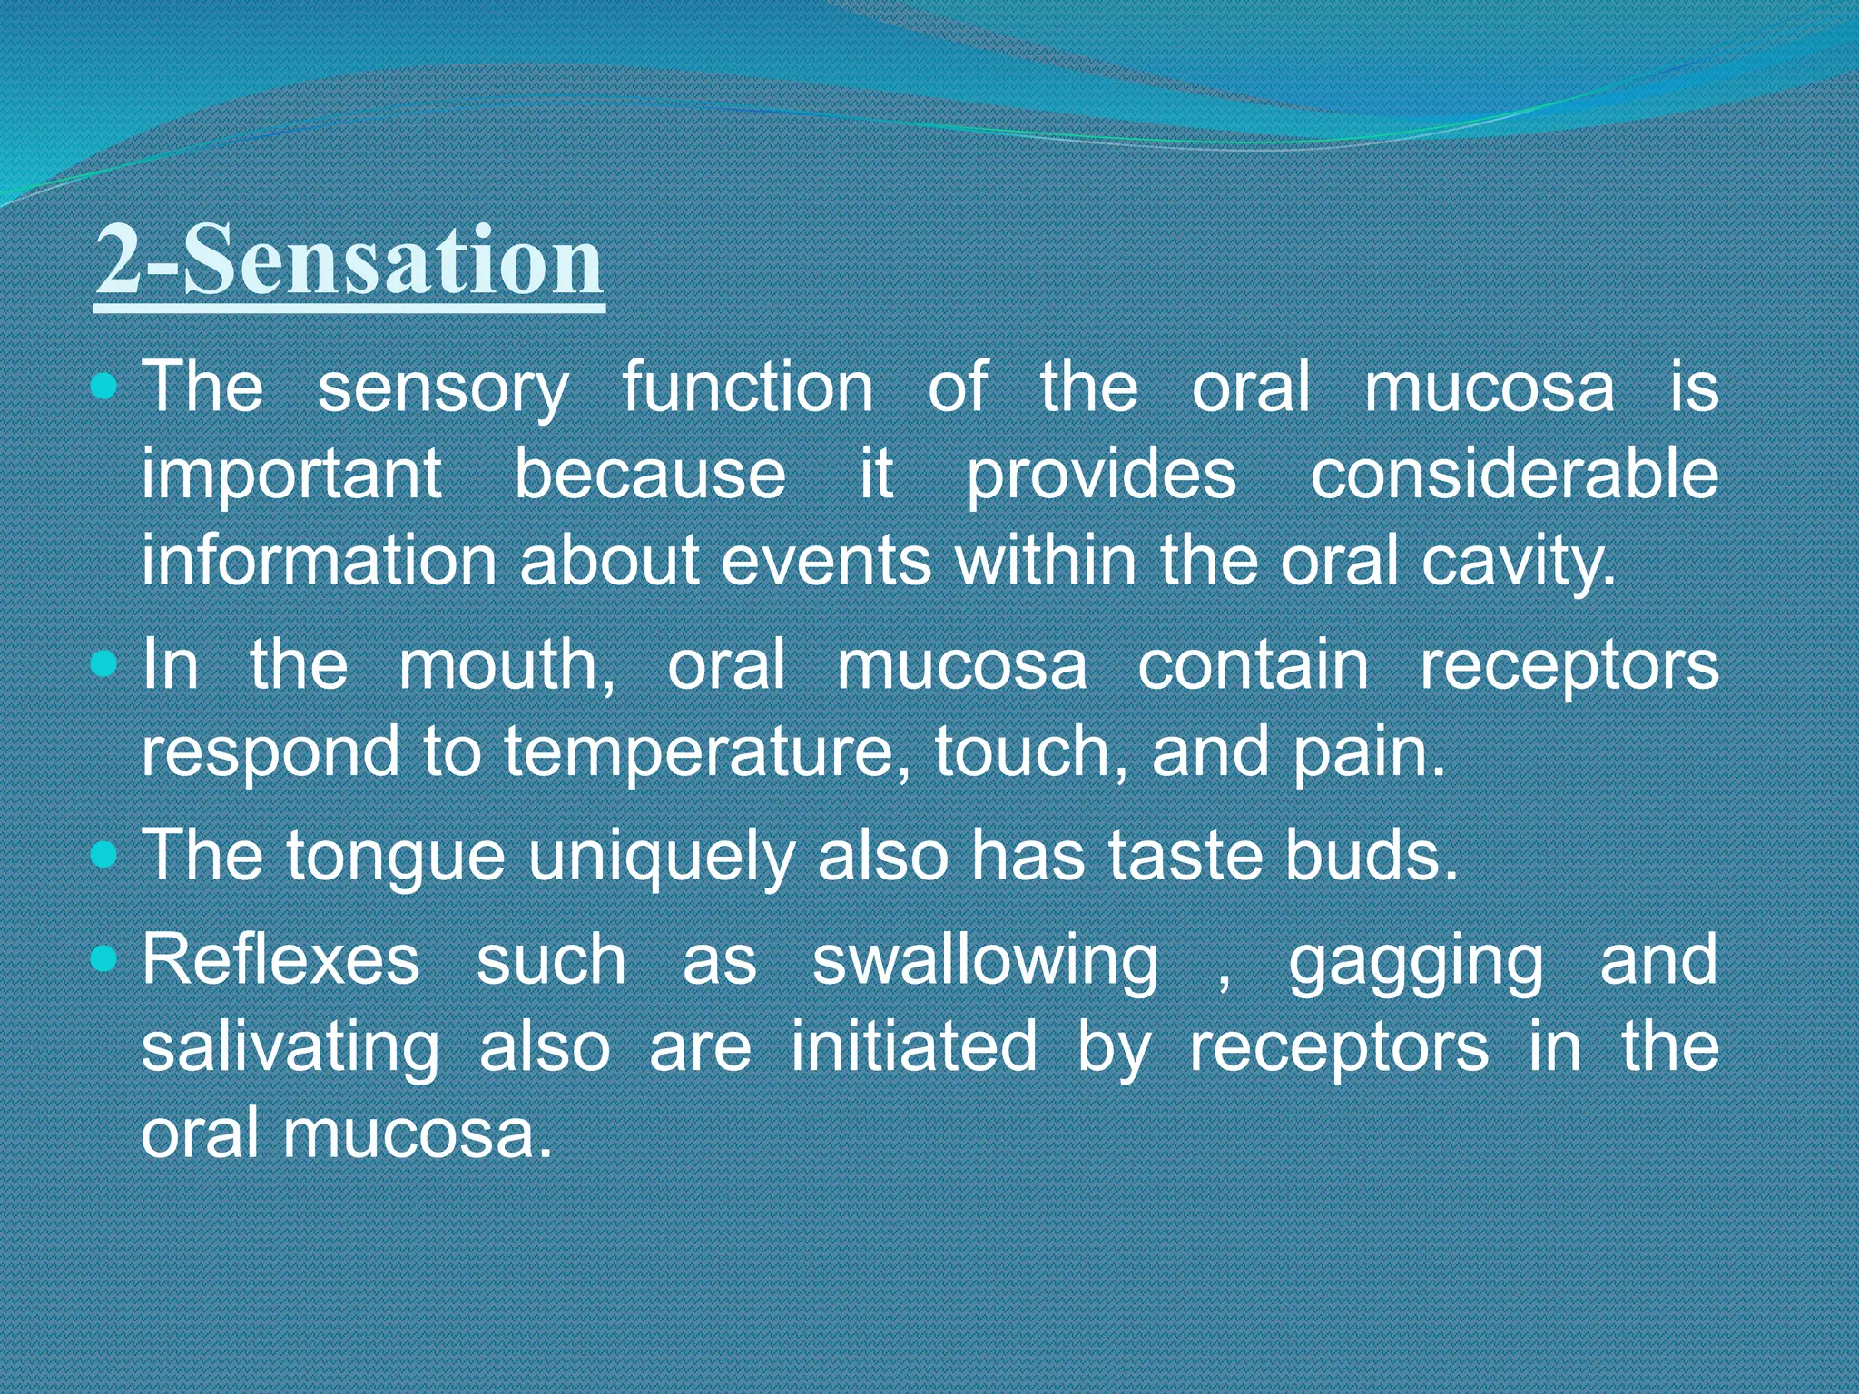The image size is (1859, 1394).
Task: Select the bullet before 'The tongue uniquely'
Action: point(105,856)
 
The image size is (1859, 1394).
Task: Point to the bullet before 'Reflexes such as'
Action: point(105,959)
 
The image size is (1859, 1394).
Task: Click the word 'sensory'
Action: point(443,388)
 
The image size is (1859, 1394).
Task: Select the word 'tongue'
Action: point(395,858)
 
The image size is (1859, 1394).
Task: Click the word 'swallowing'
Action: point(985,962)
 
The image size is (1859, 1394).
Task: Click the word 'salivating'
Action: point(290,1048)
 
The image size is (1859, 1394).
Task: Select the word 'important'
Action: point(291,476)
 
